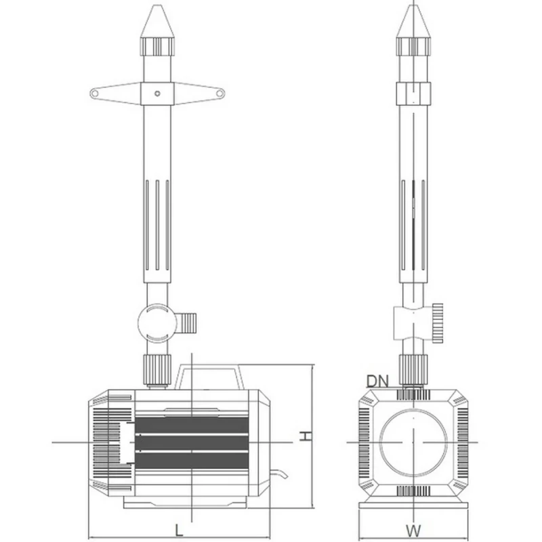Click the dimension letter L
pos(178,530)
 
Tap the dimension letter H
pos(306,437)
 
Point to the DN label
pos(377,380)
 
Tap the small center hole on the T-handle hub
pos(157,93)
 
